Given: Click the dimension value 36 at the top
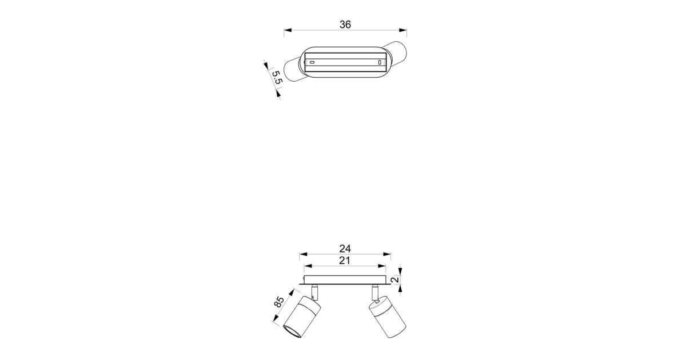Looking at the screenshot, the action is point(345,25).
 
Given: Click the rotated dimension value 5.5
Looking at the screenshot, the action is point(277,78).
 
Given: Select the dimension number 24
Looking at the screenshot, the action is point(345,249).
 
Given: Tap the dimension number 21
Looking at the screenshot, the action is point(345,261).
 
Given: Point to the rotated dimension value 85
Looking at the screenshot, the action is point(279,302).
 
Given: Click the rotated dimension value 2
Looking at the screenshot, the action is point(396,279).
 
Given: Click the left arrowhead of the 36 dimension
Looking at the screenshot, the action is point(288,30).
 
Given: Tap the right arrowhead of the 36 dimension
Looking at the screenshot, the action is point(403,30).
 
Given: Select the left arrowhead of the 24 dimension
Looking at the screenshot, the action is point(303,254).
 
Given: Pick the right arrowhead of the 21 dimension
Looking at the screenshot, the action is point(382,266).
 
